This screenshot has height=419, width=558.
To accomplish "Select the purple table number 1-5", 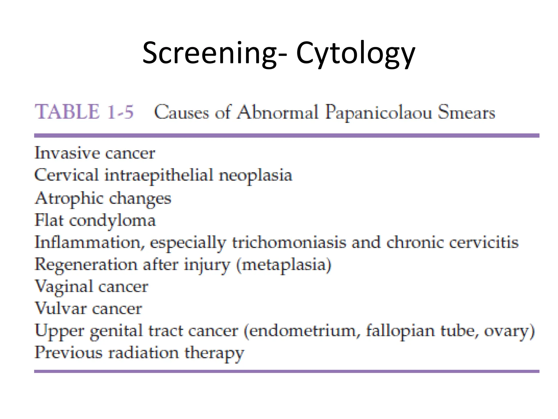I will (x=120, y=112).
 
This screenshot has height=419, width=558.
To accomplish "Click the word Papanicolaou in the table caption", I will (x=378, y=113).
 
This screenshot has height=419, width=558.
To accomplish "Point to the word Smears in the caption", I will (x=466, y=112).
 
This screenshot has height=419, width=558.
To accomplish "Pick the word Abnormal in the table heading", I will (x=277, y=112).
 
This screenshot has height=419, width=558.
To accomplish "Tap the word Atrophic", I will (x=69, y=198).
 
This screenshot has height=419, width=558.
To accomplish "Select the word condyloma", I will (x=112, y=221).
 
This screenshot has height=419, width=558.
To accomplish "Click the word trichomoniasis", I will (x=289, y=243).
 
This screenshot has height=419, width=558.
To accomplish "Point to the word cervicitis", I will (x=484, y=243).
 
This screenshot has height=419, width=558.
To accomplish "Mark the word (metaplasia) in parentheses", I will (x=284, y=265).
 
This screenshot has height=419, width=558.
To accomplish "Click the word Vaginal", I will (x=64, y=287).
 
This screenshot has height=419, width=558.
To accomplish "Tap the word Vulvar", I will (x=61, y=309).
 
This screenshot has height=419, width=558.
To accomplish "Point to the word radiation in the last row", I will (x=143, y=353).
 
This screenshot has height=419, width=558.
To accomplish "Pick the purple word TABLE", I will (x=67, y=112).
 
